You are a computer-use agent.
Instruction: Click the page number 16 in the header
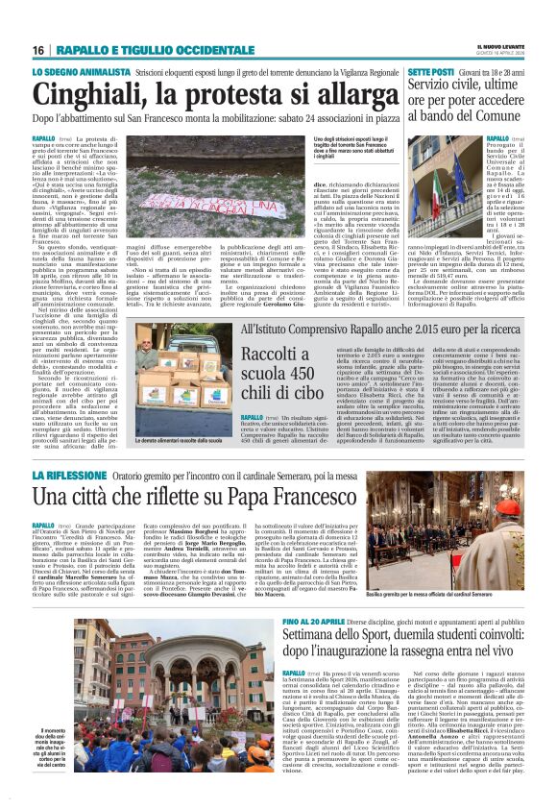tap(38, 50)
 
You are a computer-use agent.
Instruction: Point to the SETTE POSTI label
tap(428, 73)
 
